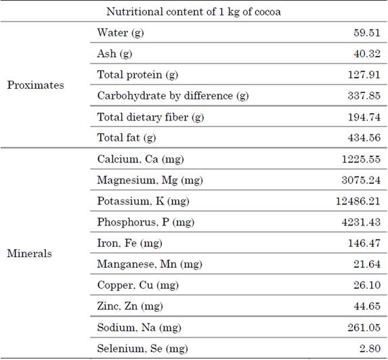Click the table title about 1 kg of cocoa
coord(194,12)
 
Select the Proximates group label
coord(36,85)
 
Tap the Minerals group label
coord(29,254)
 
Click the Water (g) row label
coord(121,33)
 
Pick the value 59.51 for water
coord(367,32)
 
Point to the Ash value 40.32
coord(367,53)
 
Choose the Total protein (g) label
coord(137,75)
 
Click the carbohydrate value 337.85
coord(364,95)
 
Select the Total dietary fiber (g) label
coord(150,117)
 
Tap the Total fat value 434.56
coord(364,138)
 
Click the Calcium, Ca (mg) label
coord(141,159)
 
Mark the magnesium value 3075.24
coord(361,180)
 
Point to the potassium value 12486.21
coord(358,201)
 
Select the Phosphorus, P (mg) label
coord(146,222)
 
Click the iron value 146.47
coord(364,243)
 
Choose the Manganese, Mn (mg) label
coord(150,265)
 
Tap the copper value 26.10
coord(367,285)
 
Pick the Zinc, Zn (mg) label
coord(130,307)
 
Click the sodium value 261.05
coord(364,328)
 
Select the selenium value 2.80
coord(370,348)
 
